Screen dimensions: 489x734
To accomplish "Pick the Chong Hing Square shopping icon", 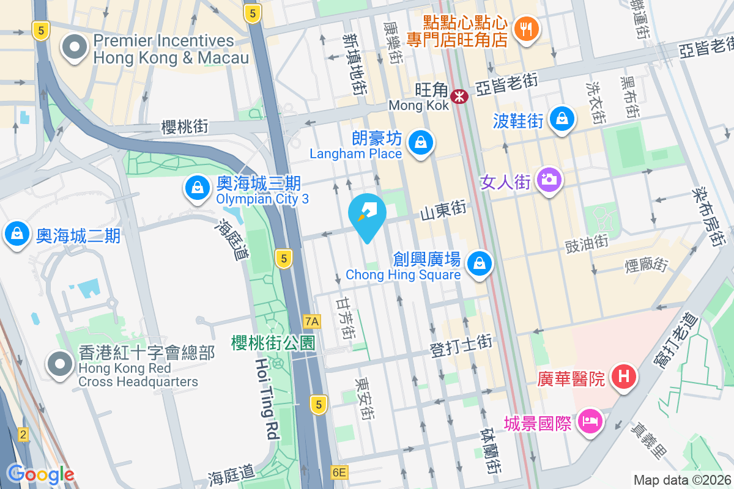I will pos(480,264).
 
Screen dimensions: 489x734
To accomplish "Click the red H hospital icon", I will pos(623,375).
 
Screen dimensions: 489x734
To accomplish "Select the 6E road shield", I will pos(339,472).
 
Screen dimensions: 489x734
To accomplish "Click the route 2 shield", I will pos(23,435).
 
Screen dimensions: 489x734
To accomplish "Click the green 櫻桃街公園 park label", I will pos(273,343).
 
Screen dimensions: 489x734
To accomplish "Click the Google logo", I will pos(40,474).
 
